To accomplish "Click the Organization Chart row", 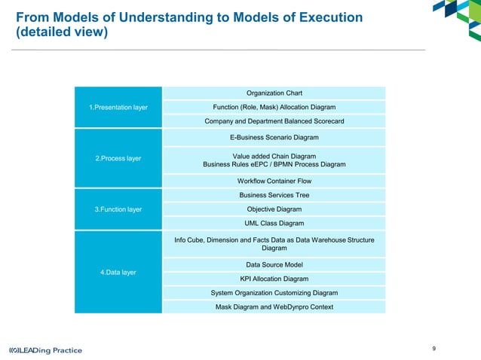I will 274,93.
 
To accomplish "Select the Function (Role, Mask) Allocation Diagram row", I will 274,107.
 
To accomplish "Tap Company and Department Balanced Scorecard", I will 274,121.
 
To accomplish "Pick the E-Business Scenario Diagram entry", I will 274,137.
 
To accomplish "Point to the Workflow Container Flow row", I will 274,181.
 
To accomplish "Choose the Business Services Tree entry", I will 274,195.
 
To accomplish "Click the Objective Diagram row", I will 274,209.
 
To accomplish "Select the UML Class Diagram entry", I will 274,223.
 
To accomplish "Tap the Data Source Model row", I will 274,264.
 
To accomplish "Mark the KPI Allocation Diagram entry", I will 274,278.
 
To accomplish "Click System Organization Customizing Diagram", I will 274,292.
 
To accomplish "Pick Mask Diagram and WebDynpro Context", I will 274,307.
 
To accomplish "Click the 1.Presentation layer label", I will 118,107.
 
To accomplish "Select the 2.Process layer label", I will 118,159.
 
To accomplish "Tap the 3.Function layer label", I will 118,209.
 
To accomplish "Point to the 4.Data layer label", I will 118,272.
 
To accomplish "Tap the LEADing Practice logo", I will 45,350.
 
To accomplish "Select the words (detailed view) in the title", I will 62,33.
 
